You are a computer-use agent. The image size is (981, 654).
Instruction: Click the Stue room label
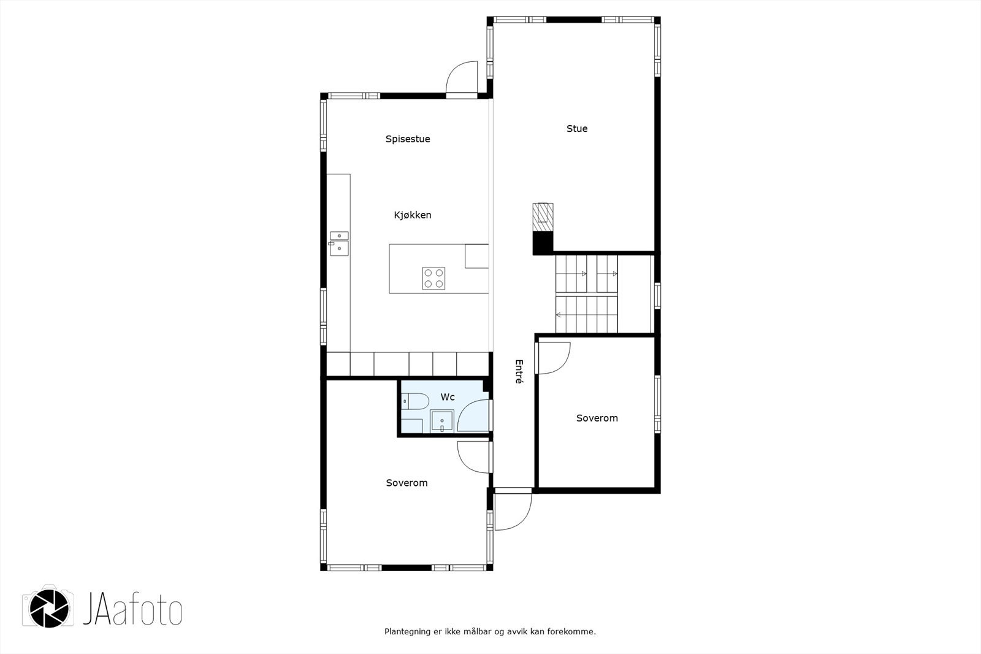pyautogui.click(x=577, y=129)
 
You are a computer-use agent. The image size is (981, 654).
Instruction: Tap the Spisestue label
pyautogui.click(x=408, y=139)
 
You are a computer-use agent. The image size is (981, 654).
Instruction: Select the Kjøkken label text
pyautogui.click(x=413, y=215)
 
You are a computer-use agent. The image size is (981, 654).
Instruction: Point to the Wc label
pyautogui.click(x=448, y=398)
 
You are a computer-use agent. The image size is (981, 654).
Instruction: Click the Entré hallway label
pyautogui.click(x=519, y=372)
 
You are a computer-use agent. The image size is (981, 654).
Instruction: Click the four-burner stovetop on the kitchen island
pyautogui.click(x=433, y=279)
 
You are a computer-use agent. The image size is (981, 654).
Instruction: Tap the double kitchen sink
pyautogui.click(x=339, y=243)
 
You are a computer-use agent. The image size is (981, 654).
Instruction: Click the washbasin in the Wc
pyautogui.click(x=442, y=421)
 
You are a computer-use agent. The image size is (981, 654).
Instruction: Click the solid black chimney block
pyautogui.click(x=543, y=243)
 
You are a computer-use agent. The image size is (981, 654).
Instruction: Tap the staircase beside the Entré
pyautogui.click(x=586, y=294)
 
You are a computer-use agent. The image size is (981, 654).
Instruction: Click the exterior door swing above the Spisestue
pyautogui.click(x=462, y=78)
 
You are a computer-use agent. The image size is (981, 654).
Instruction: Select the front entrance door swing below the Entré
pyautogui.click(x=513, y=510)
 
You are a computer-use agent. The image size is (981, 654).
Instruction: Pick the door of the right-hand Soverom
pyautogui.click(x=552, y=358)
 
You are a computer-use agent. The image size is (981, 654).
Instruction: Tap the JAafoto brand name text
pyautogui.click(x=132, y=608)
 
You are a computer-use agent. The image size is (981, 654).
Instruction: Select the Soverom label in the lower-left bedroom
pyautogui.click(x=407, y=483)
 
